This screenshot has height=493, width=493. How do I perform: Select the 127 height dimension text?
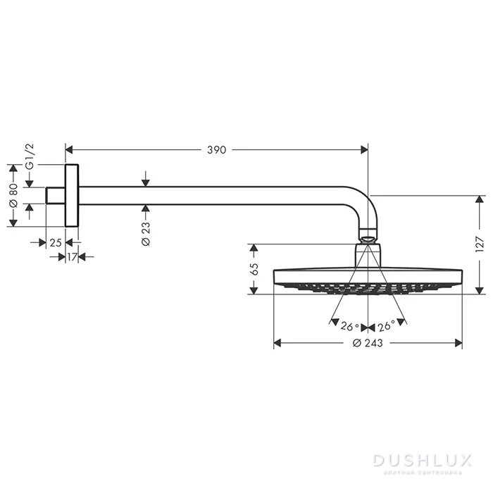click(480, 244)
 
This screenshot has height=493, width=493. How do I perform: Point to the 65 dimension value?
click(255, 269)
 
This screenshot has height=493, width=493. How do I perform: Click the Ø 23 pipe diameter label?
click(145, 232)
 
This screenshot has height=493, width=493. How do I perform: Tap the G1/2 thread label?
click(29, 156)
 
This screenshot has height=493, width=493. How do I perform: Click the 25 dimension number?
click(56, 242)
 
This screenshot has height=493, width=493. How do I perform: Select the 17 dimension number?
click(71, 257)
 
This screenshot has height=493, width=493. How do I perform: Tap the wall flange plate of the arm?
click(72, 196)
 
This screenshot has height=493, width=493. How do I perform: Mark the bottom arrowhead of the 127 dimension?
click(480, 290)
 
